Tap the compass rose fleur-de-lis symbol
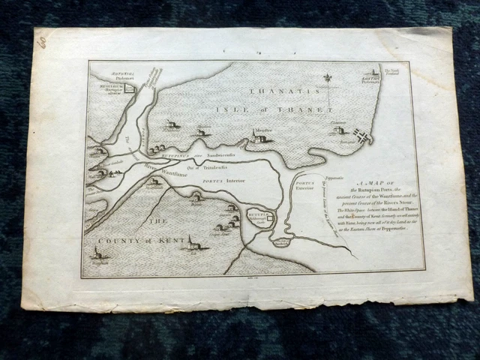pos(328,78)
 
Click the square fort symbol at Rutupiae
pos(271,216)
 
